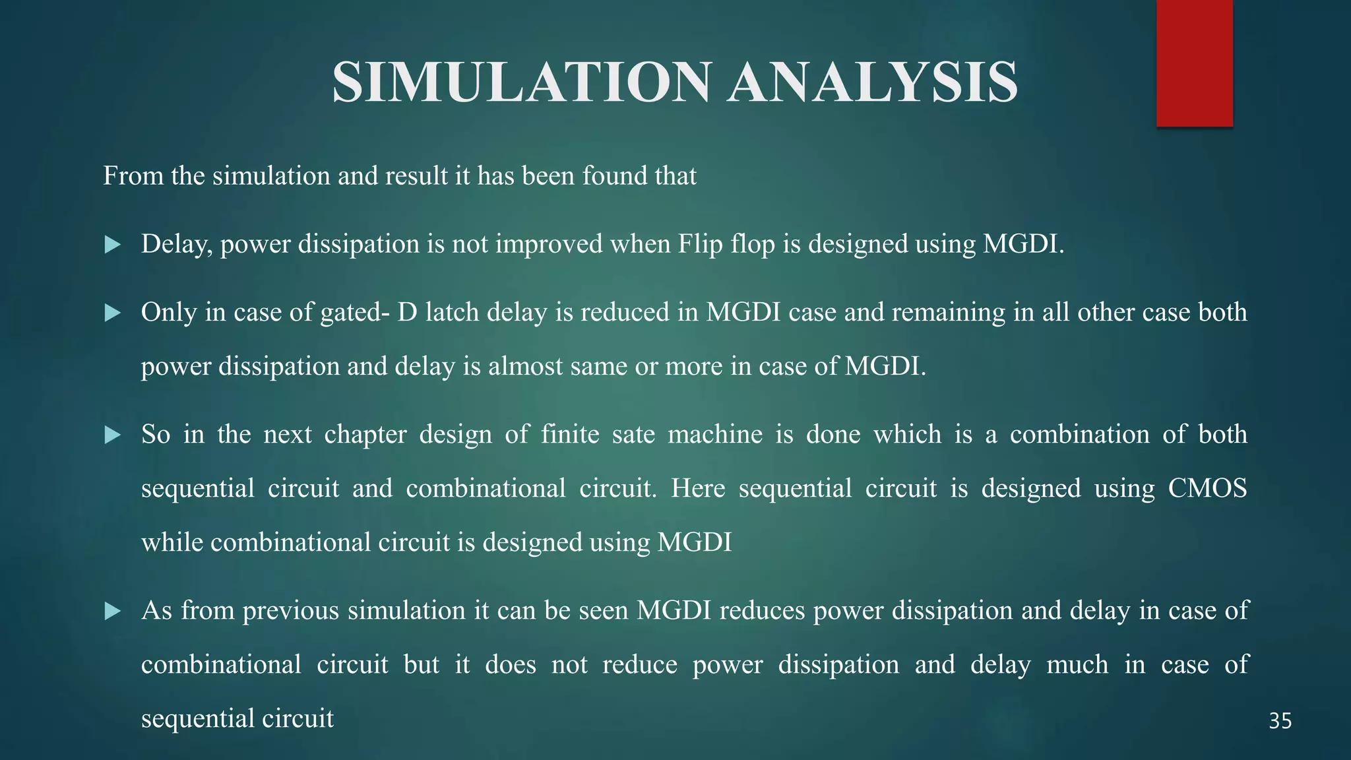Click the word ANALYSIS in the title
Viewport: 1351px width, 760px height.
pos(872,82)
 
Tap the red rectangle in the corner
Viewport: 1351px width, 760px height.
pos(1194,63)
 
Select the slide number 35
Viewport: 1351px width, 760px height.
pos(1280,721)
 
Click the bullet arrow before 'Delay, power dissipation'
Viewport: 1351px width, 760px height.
pos(113,245)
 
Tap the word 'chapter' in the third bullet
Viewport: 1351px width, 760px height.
pos(365,435)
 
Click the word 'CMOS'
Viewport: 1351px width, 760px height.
pos(1207,489)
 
